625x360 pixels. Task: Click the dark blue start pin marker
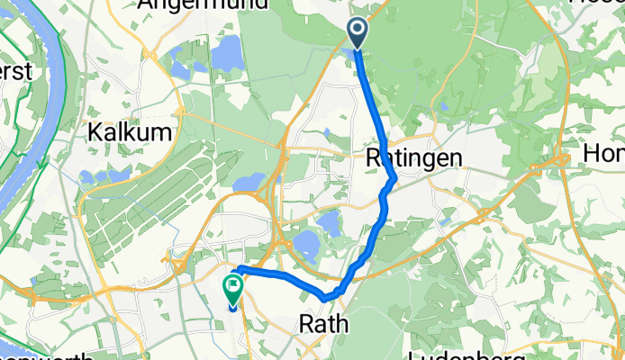point(358,33)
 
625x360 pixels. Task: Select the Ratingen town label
point(414,158)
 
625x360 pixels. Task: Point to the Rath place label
point(322,323)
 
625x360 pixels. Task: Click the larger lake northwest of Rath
point(306,242)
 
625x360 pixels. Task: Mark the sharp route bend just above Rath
point(327,296)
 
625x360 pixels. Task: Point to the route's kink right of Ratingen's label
point(394,183)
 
